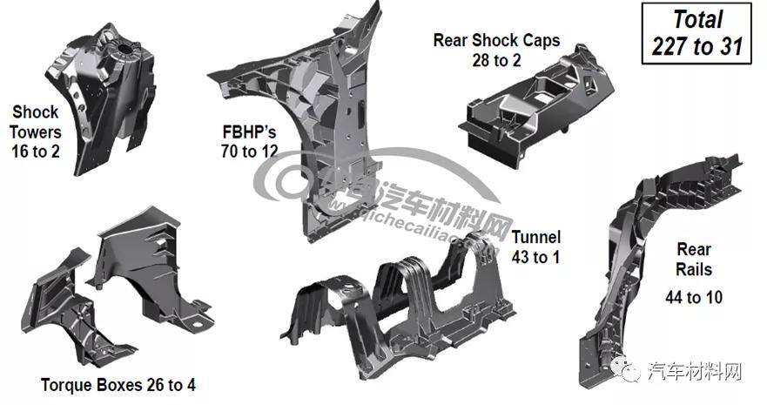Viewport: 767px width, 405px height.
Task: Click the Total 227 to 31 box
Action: tap(697, 34)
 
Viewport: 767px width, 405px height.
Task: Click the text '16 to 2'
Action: tap(37, 153)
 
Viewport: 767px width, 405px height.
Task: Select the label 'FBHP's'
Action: tap(249, 132)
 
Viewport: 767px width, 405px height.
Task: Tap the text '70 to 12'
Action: tap(250, 152)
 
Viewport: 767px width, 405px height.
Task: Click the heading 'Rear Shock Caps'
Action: tap(496, 40)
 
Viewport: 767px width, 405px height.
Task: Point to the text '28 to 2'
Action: tap(496, 61)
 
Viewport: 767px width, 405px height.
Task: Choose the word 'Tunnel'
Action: tap(535, 237)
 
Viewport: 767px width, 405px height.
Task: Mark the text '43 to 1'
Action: tap(535, 257)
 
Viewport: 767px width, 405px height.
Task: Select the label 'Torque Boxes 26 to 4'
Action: tap(124, 384)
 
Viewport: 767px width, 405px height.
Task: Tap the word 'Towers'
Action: tap(37, 132)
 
